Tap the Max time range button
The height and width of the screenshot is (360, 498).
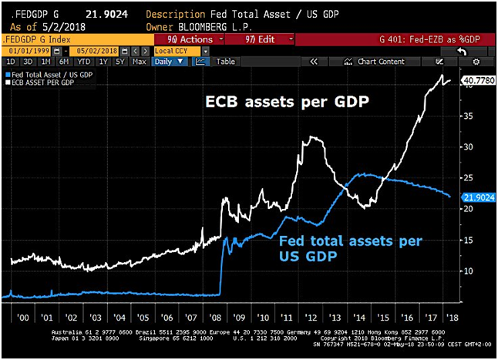coord(139,61)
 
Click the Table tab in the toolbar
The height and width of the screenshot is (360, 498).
coord(225,61)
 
